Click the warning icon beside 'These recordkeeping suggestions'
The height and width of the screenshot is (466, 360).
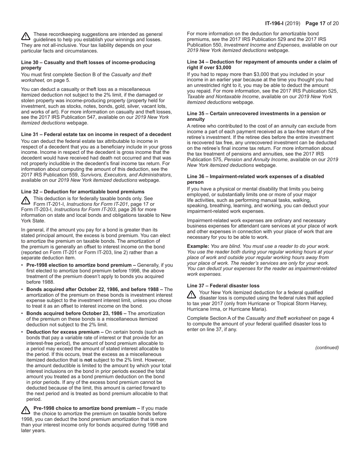click(25, 36)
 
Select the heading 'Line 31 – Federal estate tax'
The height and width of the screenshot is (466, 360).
click(96, 134)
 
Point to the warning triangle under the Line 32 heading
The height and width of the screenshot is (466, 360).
click(25, 200)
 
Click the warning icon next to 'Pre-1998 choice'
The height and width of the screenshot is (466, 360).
click(25, 410)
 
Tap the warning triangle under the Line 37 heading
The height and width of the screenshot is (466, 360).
click(191, 295)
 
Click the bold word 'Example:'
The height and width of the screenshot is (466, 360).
click(198, 246)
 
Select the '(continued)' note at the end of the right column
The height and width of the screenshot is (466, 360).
click(327, 347)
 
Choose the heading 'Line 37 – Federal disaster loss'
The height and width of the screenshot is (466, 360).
click(223, 286)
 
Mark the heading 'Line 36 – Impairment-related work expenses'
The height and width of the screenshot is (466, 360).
click(255, 177)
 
